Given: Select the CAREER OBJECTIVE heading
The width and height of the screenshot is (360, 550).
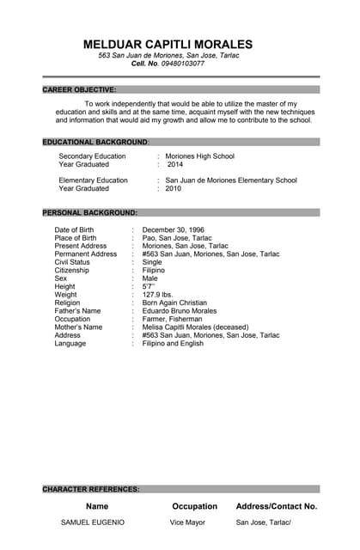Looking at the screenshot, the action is pyautogui.click(x=79, y=89).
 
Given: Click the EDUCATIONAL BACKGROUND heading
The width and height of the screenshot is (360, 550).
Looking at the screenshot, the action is pyautogui.click(x=95, y=141).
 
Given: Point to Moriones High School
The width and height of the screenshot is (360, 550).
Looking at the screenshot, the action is pyautogui.click(x=199, y=156).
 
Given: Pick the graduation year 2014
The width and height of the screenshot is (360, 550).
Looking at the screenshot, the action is pyautogui.click(x=175, y=164).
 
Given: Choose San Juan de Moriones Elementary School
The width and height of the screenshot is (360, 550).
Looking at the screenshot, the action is pyautogui.click(x=231, y=180).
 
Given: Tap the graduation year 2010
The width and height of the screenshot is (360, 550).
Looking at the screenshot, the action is pyautogui.click(x=174, y=188).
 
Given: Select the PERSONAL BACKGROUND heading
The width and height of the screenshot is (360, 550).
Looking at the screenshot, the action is pyautogui.click(x=89, y=212).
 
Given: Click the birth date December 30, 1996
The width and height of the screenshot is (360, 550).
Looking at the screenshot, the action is pyautogui.click(x=173, y=230).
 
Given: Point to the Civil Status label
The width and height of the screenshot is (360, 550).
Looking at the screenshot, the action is pyautogui.click(x=72, y=262).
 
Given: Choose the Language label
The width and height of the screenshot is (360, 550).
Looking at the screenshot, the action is pyautogui.click(x=70, y=344).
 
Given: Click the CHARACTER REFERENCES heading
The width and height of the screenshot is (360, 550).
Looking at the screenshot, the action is pyautogui.click(x=91, y=489).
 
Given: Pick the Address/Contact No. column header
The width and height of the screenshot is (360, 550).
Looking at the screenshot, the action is pyautogui.click(x=276, y=506).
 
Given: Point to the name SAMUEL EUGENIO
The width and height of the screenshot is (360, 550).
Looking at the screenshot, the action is pyautogui.click(x=92, y=522).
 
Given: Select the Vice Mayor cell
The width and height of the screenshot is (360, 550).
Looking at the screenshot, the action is pyautogui.click(x=187, y=522).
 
